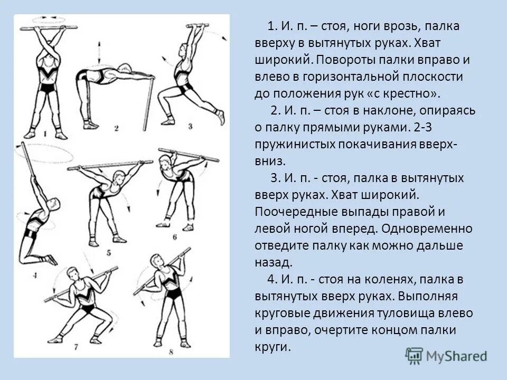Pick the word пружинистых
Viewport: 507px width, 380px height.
(289, 144)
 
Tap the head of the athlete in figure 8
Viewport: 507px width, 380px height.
(156, 261)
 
